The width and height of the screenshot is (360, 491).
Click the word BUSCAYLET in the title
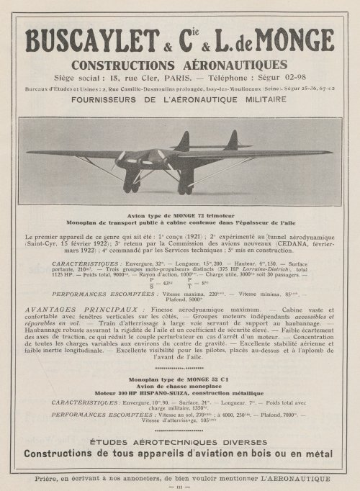click(x=94, y=42)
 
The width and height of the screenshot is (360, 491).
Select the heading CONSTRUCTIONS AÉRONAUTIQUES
click(x=179, y=65)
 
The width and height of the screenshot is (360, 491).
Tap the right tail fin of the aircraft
click(x=232, y=139)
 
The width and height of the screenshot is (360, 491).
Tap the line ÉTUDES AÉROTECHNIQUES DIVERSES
click(x=179, y=461)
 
